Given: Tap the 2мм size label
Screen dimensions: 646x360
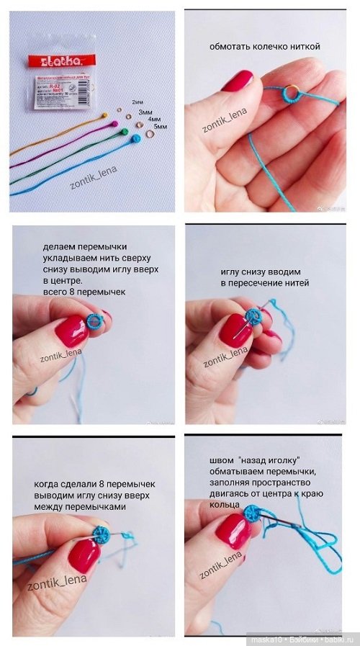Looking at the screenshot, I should pyautogui.click(x=138, y=102).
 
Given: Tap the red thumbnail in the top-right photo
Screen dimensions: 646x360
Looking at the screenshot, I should pyautogui.click(x=237, y=81).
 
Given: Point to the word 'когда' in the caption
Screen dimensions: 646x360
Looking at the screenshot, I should pyautogui.click(x=49, y=483).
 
